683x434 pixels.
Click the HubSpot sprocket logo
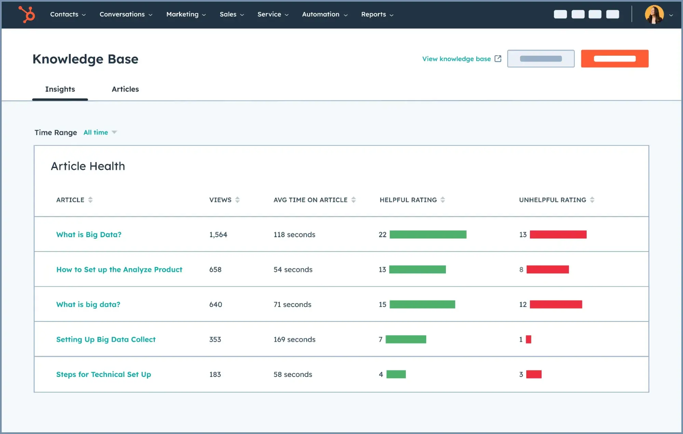[27, 14]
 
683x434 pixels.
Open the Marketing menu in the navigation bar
[186, 14]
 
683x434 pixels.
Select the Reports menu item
[377, 14]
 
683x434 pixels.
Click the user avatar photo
[654, 14]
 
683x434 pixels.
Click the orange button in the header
[614, 58]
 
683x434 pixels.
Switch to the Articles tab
[125, 89]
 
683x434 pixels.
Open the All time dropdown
[100, 132]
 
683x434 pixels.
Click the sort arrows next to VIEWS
[237, 200]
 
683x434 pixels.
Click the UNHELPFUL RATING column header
[552, 200]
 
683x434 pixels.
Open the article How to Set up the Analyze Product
[119, 270]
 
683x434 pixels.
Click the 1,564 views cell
[218, 235]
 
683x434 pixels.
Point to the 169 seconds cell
[294, 339]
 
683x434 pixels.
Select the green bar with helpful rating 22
[428, 234]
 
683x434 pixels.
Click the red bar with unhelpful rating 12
[556, 304]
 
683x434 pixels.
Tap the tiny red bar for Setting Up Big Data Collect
[529, 339]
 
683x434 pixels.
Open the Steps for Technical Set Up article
[104, 375]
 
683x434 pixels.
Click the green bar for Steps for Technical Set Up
[396, 375]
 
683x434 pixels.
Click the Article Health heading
[88, 166]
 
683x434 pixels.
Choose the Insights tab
[60, 89]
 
